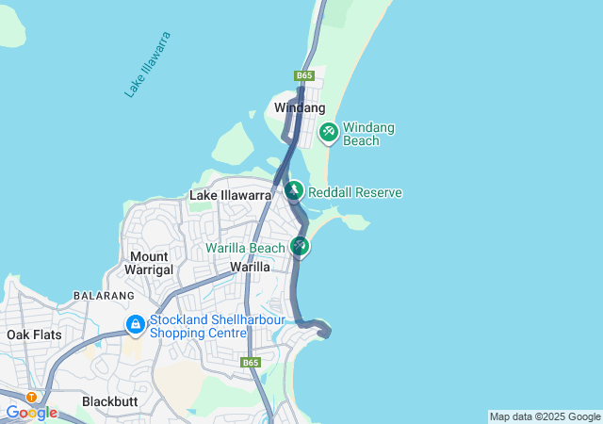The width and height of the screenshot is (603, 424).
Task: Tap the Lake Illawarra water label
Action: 148,64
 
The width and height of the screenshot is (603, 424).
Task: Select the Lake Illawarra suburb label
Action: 231,195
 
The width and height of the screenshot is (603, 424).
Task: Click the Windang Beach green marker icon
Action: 329,132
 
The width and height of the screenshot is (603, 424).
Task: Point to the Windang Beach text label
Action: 368,134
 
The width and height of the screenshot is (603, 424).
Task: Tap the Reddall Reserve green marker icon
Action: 293,191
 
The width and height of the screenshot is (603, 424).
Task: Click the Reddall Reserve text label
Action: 355,192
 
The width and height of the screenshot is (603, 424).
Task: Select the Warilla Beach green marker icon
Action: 300,246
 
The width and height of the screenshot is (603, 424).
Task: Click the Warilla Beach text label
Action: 245,249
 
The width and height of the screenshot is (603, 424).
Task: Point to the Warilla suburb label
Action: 251,267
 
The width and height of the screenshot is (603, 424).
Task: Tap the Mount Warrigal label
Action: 150,263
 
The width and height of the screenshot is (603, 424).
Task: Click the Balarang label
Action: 104,296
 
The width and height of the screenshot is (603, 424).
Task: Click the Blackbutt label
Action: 109,400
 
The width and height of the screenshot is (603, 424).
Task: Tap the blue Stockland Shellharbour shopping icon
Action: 136,325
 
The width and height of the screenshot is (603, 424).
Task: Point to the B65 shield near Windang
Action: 303,75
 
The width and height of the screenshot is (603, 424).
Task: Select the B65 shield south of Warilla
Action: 250,362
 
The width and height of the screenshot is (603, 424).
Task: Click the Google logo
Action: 31,413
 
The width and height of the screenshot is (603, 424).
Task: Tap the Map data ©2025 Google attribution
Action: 545,416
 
